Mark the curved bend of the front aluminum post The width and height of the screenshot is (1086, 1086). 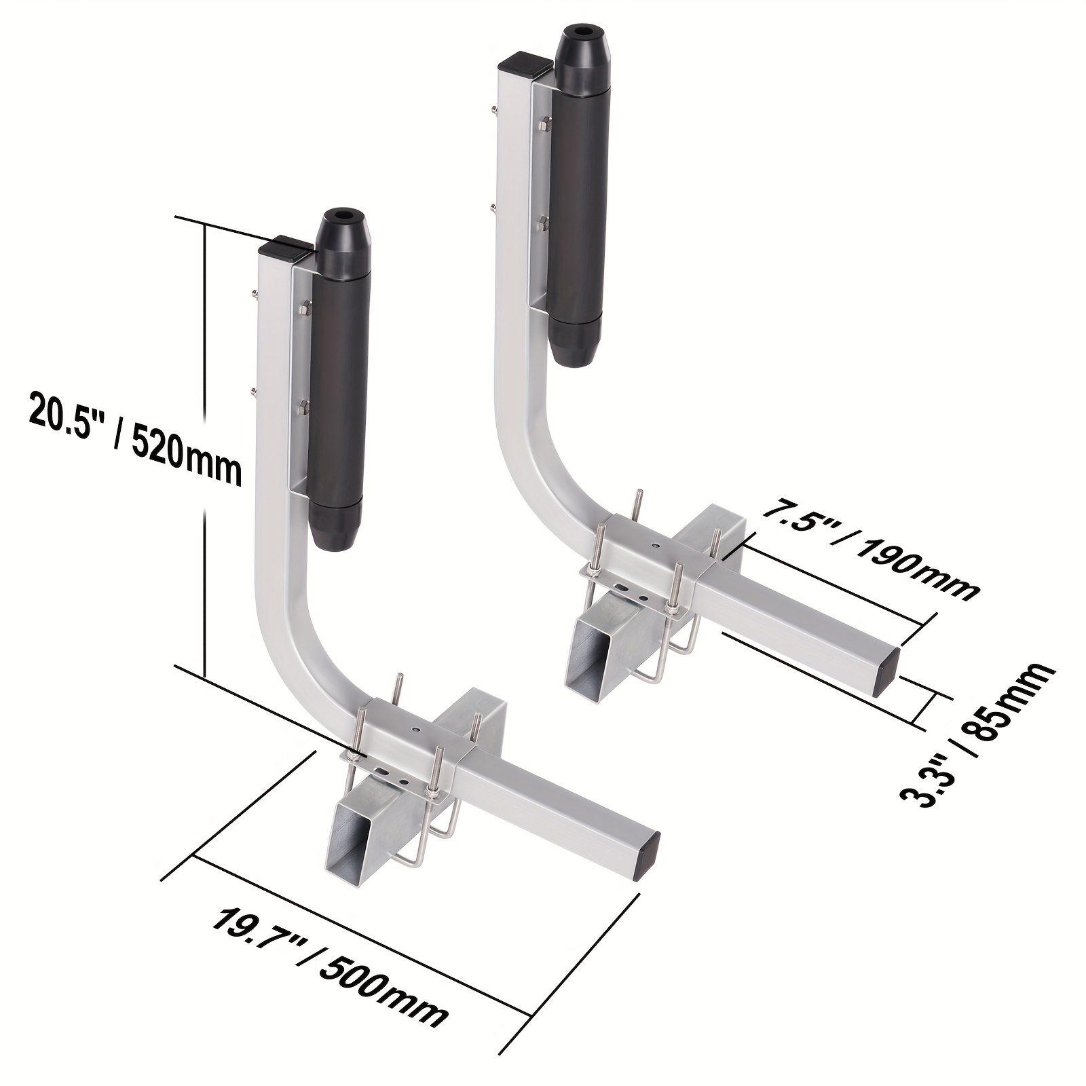tap(292, 652)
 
